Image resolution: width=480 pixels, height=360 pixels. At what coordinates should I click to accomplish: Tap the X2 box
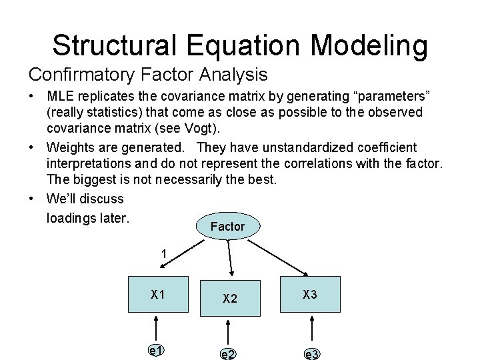pos(229,297)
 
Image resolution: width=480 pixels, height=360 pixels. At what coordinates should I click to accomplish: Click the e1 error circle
pos(157,350)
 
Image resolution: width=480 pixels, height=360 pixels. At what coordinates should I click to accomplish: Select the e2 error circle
pos(229,353)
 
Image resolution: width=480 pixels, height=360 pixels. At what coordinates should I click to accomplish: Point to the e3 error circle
pos(311,353)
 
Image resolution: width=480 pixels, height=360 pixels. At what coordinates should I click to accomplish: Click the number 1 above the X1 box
pos(163,254)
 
